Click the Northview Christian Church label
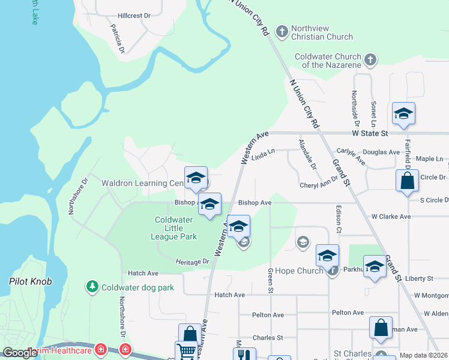322,32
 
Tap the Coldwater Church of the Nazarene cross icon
370,59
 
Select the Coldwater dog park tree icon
92,287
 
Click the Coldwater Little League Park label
174,228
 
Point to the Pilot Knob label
31,281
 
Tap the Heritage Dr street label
192,262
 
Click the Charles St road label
268,338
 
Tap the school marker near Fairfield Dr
404,113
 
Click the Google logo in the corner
20,353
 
